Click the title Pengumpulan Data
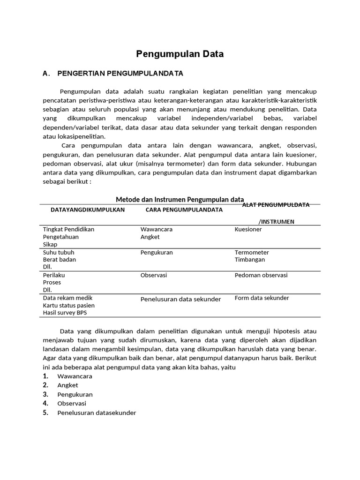pyautogui.click(x=180, y=54)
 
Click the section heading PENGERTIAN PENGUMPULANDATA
pyautogui.click(x=120, y=74)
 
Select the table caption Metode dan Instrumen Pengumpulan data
pyautogui.click(x=180, y=200)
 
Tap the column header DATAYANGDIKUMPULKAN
pyautogui.click(x=88, y=210)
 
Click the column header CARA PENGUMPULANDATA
pyautogui.click(x=184, y=210)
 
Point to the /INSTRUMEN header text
pyautogui.click(x=277, y=222)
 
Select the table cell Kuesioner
pyautogui.click(x=248, y=230)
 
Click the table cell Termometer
pyautogui.click(x=252, y=252)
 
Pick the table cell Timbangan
pyautogui.click(x=250, y=260)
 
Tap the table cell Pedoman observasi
pyautogui.click(x=261, y=275)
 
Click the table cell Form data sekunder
pyautogui.click(x=262, y=298)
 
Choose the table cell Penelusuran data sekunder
pyautogui.click(x=180, y=299)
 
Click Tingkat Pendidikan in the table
pyautogui.click(x=68, y=230)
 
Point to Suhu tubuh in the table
pyautogui.click(x=59, y=252)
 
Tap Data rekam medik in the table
pyautogui.click(x=67, y=298)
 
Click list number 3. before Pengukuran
pyautogui.click(x=45, y=394)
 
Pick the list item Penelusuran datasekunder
pyautogui.click(x=97, y=413)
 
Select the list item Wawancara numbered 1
pyautogui.click(x=75, y=376)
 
